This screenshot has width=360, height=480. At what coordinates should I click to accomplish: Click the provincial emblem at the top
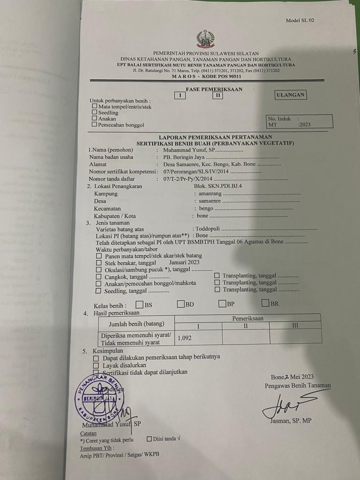(205, 39)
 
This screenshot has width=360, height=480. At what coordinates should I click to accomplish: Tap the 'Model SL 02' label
(300, 20)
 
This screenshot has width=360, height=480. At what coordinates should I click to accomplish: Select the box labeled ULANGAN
(291, 95)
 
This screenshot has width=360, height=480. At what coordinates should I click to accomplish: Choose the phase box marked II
(217, 95)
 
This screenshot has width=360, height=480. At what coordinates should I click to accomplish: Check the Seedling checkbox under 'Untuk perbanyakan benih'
(95, 112)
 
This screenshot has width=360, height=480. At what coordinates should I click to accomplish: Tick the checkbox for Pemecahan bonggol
(95, 125)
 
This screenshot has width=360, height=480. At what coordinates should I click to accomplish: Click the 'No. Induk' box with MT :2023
(299, 122)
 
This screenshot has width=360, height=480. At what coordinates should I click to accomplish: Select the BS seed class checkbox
(139, 304)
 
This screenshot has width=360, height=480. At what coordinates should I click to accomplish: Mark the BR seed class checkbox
(265, 303)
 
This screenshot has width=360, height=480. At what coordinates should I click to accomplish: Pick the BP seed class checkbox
(223, 304)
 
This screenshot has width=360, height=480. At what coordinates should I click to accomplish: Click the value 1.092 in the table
(185, 337)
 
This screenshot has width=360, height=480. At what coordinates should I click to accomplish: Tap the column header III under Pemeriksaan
(295, 325)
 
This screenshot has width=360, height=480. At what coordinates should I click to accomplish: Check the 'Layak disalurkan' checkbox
(96, 365)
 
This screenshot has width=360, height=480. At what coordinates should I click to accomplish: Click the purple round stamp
(99, 399)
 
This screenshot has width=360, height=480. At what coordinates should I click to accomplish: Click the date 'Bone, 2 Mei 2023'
(292, 377)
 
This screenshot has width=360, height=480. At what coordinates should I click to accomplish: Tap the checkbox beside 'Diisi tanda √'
(149, 439)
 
